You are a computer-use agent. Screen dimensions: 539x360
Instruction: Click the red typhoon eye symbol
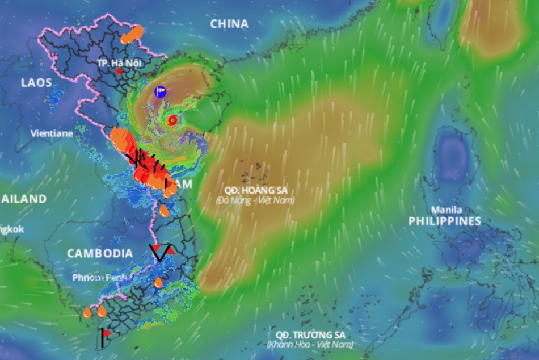pyautogui.click(x=172, y=120)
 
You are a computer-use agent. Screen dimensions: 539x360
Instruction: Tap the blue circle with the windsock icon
pyautogui.click(x=161, y=91)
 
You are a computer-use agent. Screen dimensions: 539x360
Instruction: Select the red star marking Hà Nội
pyautogui.click(x=119, y=72)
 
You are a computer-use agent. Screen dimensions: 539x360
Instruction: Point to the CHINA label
pyautogui.click(x=229, y=24)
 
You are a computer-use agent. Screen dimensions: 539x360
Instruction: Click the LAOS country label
pyautogui.click(x=36, y=82)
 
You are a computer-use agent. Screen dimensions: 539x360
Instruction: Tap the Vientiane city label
pyautogui.click(x=52, y=134)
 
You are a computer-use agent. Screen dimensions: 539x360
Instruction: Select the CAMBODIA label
pyautogui.click(x=100, y=253)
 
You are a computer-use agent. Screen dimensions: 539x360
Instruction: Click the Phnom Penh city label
pyautogui.click(x=99, y=278)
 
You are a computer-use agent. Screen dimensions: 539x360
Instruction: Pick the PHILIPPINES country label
pyautogui.click(x=445, y=221)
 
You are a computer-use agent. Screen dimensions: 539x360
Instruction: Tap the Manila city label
pyautogui.click(x=447, y=210)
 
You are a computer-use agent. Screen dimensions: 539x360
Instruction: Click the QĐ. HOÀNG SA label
pyautogui.click(x=255, y=191)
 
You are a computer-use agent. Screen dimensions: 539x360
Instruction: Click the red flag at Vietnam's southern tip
pyautogui.click(x=106, y=333)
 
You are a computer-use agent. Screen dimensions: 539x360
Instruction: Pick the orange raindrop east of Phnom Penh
pyautogui.click(x=158, y=282)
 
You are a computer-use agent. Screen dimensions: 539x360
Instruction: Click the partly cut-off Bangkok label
pyautogui.click(x=11, y=229)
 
